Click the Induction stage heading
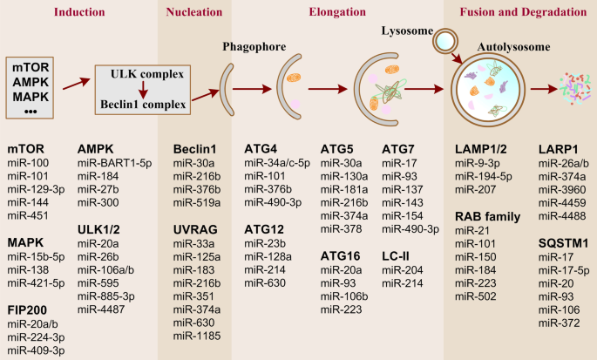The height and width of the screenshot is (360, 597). click(79, 12)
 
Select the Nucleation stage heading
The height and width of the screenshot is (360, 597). click(193, 12)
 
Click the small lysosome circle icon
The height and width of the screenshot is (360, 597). click(445, 41)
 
